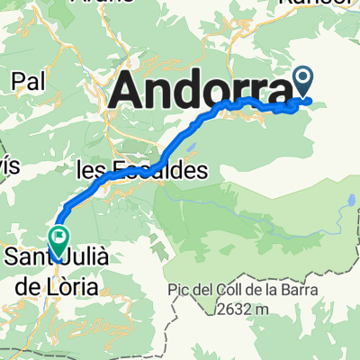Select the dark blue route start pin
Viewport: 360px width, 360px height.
tap(302, 84)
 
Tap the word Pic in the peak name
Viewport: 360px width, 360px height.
tap(177, 289)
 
